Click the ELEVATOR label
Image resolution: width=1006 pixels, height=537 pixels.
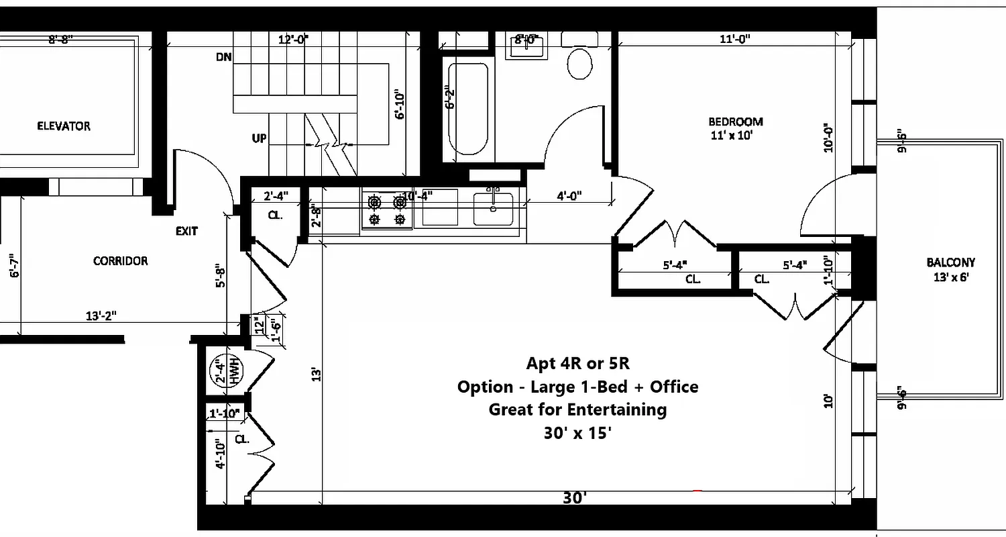(64, 126)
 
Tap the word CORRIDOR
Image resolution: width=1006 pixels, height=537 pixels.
(120, 260)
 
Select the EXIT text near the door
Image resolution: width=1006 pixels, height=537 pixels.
(186, 231)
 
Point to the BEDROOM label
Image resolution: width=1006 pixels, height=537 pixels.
(736, 121)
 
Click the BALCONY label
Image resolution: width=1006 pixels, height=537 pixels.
(950, 262)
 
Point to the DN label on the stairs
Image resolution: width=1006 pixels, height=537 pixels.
(223, 57)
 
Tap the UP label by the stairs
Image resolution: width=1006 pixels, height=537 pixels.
(259, 138)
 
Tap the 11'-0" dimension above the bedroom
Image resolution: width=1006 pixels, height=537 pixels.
(735, 39)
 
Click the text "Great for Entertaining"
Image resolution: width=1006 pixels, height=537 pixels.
(577, 409)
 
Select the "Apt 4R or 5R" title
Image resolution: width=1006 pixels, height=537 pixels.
(577, 363)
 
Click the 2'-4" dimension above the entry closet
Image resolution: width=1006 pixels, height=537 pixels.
(276, 196)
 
